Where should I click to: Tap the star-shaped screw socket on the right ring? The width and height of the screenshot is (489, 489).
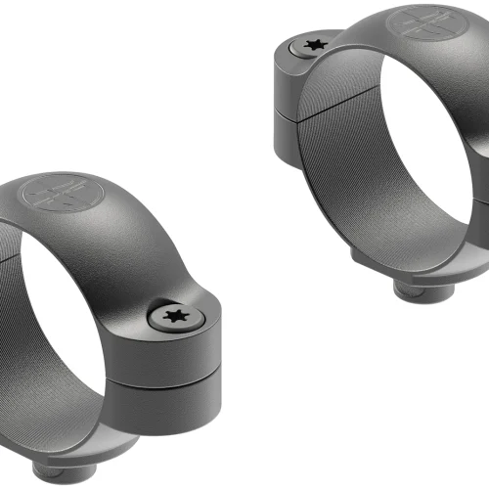coord(315,45)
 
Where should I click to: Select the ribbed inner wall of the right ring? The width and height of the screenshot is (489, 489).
coord(342,176)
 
